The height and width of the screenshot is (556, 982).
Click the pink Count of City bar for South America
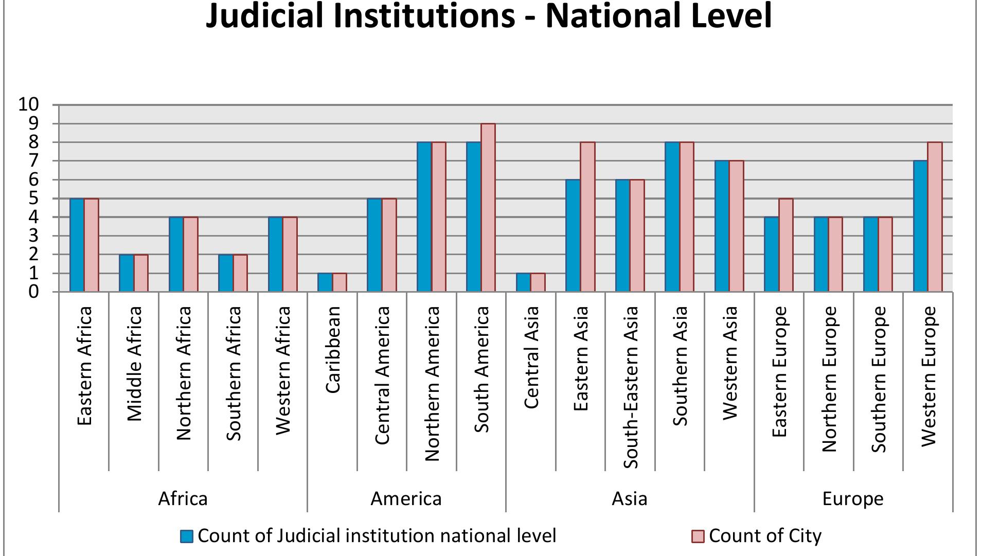[x=488, y=208]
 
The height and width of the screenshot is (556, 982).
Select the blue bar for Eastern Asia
[x=573, y=236]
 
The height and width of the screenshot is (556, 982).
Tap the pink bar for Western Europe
[x=935, y=217]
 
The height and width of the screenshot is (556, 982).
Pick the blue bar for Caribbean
[x=325, y=282]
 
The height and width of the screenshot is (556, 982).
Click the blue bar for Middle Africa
[x=127, y=273]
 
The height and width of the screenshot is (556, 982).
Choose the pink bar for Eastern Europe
[x=785, y=245]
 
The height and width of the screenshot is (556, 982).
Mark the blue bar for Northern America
[x=424, y=217]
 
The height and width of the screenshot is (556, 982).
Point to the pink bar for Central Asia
[x=538, y=282]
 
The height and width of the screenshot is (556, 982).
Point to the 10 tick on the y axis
[x=29, y=105]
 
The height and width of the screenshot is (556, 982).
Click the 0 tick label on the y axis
[x=33, y=292]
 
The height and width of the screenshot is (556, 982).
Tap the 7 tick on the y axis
[x=33, y=161]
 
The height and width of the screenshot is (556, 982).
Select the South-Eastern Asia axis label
[x=631, y=387]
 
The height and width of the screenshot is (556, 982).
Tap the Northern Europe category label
[x=829, y=379]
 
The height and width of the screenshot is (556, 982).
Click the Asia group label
[x=629, y=499]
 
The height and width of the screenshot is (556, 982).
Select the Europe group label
[x=852, y=499]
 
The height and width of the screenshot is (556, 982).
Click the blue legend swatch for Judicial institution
[x=187, y=536]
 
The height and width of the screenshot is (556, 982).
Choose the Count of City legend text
[x=765, y=536]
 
